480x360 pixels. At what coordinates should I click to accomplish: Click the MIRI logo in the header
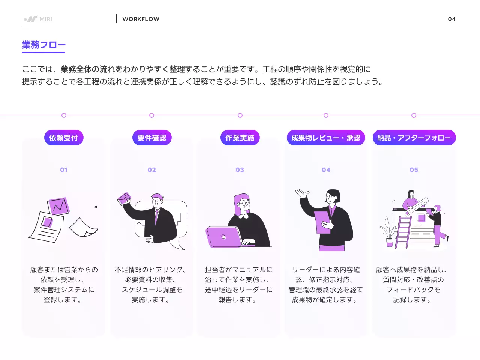tap(38, 19)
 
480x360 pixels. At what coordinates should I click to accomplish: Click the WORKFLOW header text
tap(141, 19)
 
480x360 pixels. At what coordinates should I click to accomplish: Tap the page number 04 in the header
tap(451, 19)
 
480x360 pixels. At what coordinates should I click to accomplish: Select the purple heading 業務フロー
tap(43, 45)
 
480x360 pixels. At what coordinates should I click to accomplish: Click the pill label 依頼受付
tap(64, 138)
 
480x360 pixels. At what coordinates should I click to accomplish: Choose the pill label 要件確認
tap(152, 138)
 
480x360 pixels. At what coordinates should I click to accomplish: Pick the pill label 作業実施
tap(240, 138)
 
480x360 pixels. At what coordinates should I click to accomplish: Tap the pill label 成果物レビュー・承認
tap(326, 138)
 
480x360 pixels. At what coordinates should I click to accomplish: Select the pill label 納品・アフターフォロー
tap(414, 138)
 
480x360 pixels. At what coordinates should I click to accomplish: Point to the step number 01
tap(64, 170)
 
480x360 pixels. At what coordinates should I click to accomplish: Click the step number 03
tap(240, 170)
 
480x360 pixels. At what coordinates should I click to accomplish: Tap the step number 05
tap(414, 170)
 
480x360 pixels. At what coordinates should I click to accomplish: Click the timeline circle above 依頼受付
tap(64, 115)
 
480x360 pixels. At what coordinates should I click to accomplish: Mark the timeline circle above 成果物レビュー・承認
tap(326, 115)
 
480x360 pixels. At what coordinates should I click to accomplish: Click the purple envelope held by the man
tap(124, 199)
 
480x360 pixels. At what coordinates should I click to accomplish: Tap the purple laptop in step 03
tap(224, 237)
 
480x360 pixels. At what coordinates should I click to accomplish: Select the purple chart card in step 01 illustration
tap(58, 206)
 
